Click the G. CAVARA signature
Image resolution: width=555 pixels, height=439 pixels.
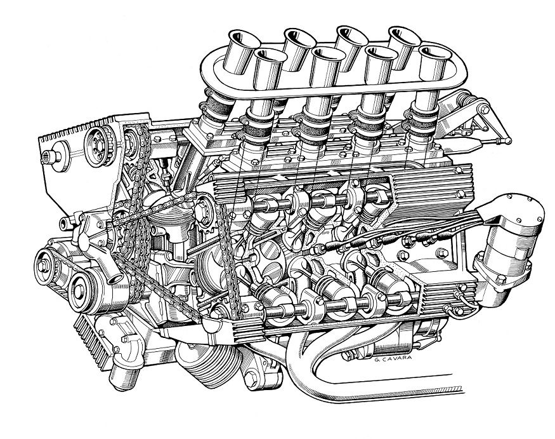pyautogui.click(x=393, y=358)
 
